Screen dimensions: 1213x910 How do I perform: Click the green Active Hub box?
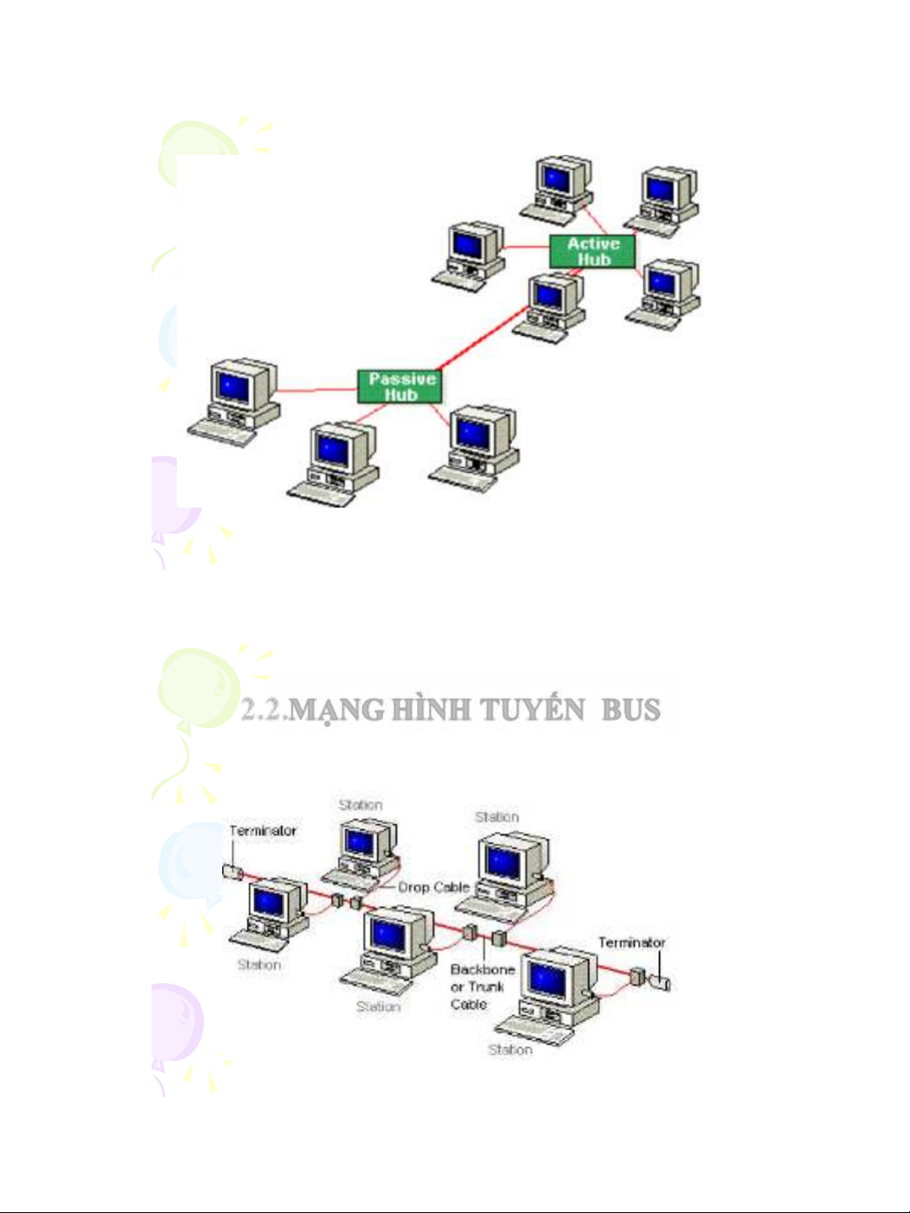coord(593,252)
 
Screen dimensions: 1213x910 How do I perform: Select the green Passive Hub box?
coord(401,387)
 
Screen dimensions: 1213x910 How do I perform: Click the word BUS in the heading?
coord(631,710)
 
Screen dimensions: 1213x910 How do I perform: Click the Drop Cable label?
coord(433,887)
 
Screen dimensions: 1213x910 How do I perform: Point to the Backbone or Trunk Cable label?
coord(481,987)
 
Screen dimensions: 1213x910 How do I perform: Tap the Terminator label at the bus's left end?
coord(263,831)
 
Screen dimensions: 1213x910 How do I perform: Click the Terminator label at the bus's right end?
coord(631,943)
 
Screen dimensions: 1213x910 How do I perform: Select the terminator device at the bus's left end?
coord(232,871)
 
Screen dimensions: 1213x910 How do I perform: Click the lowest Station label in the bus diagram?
coord(510,1050)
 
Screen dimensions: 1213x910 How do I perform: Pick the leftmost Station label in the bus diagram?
coord(258,965)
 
